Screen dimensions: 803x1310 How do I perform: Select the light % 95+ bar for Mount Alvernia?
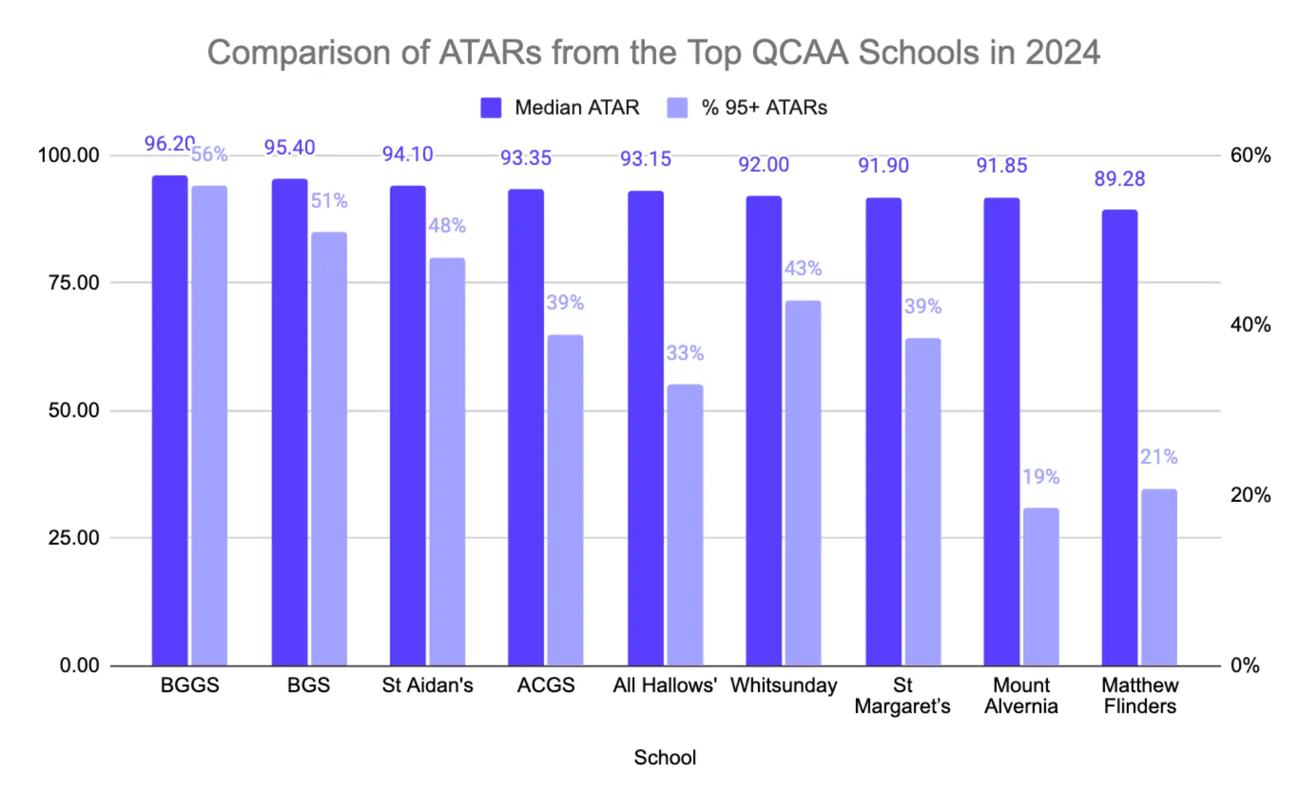point(1040,586)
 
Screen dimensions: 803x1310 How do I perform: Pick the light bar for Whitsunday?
point(802,483)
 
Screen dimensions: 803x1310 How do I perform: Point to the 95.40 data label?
point(289,147)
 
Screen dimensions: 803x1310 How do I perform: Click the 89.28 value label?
point(1119,179)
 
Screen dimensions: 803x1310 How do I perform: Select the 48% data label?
point(446,225)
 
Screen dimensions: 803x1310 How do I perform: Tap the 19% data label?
point(1040,477)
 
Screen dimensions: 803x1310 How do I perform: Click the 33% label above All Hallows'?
point(684,353)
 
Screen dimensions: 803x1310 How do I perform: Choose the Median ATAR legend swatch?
point(491,108)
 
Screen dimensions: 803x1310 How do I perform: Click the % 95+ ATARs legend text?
point(764,108)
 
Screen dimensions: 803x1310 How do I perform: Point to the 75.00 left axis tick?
point(74,283)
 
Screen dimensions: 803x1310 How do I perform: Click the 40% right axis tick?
point(1250,325)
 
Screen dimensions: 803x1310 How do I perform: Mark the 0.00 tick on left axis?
point(79,666)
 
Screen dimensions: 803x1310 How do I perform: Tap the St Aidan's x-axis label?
point(427,685)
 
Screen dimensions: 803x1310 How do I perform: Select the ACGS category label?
point(546,685)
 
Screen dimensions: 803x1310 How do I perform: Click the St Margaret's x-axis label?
point(902,696)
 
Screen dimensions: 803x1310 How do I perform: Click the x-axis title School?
point(664,757)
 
